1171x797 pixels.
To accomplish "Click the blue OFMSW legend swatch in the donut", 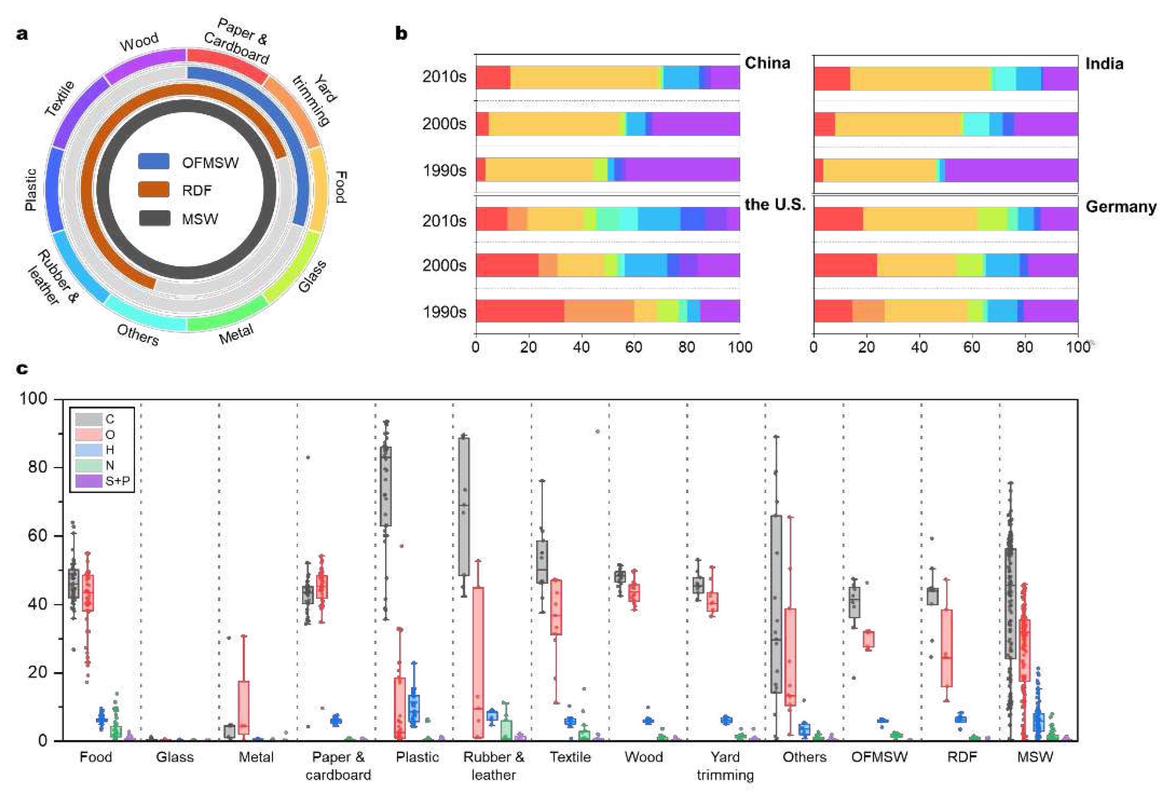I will pyautogui.click(x=154, y=161).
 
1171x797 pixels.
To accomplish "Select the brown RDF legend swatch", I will pyautogui.click(x=154, y=190).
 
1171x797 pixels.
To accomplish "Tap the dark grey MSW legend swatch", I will pyautogui.click(x=154, y=218).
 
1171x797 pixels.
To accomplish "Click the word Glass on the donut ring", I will pyautogui.click(x=312, y=277).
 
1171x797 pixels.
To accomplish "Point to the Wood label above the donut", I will pyautogui.click(x=139, y=42).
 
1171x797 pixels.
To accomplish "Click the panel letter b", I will pyautogui.click(x=401, y=34).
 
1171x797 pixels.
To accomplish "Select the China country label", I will pyautogui.click(x=767, y=63).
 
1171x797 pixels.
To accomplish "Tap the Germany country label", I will pyautogui.click(x=1121, y=207).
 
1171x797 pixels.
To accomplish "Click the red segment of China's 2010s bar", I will pyautogui.click(x=493, y=77).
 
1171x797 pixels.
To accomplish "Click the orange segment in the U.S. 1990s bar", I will pyautogui.click(x=599, y=311).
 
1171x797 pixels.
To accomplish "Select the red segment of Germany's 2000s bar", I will pyautogui.click(x=845, y=265).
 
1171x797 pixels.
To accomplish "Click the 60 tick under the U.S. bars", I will pyautogui.click(x=634, y=347).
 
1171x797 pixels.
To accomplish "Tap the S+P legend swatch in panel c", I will pyautogui.click(x=89, y=481).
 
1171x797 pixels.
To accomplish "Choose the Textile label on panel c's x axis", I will pyautogui.click(x=570, y=757).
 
